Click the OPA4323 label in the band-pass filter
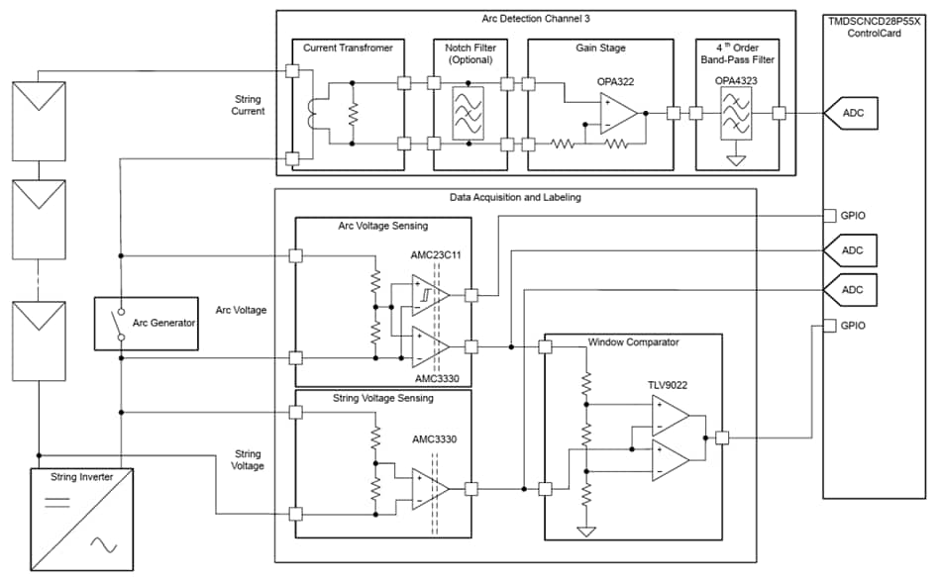click(x=735, y=80)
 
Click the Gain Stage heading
click(x=600, y=48)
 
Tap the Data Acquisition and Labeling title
click(x=515, y=197)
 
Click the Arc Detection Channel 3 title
click(x=535, y=17)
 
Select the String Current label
click(x=248, y=105)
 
